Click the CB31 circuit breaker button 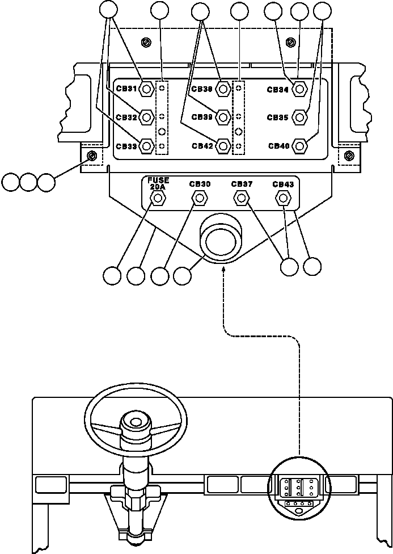[146, 89]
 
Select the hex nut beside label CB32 [146, 117]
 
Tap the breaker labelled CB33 [146, 146]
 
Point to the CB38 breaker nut [223, 89]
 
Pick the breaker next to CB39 [223, 117]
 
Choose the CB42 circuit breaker [223, 146]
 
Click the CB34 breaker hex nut [301, 89]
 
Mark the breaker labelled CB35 [301, 117]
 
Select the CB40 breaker [301, 146]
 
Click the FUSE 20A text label [158, 183]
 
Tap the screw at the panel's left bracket [91, 156]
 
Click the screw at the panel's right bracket [350, 155]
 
